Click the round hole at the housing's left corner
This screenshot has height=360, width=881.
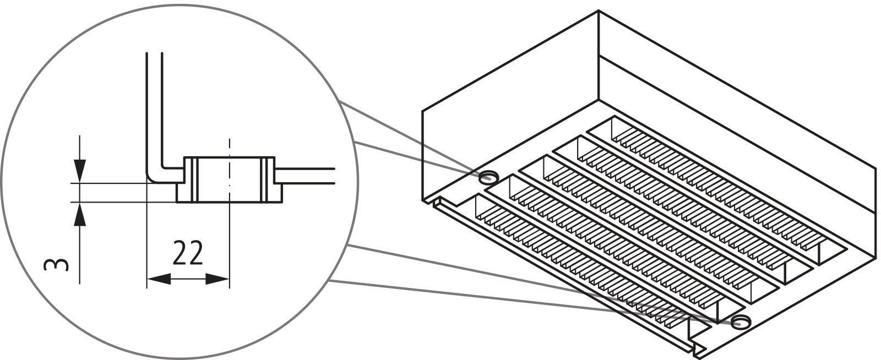488,177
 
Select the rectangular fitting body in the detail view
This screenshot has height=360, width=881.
229,179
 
